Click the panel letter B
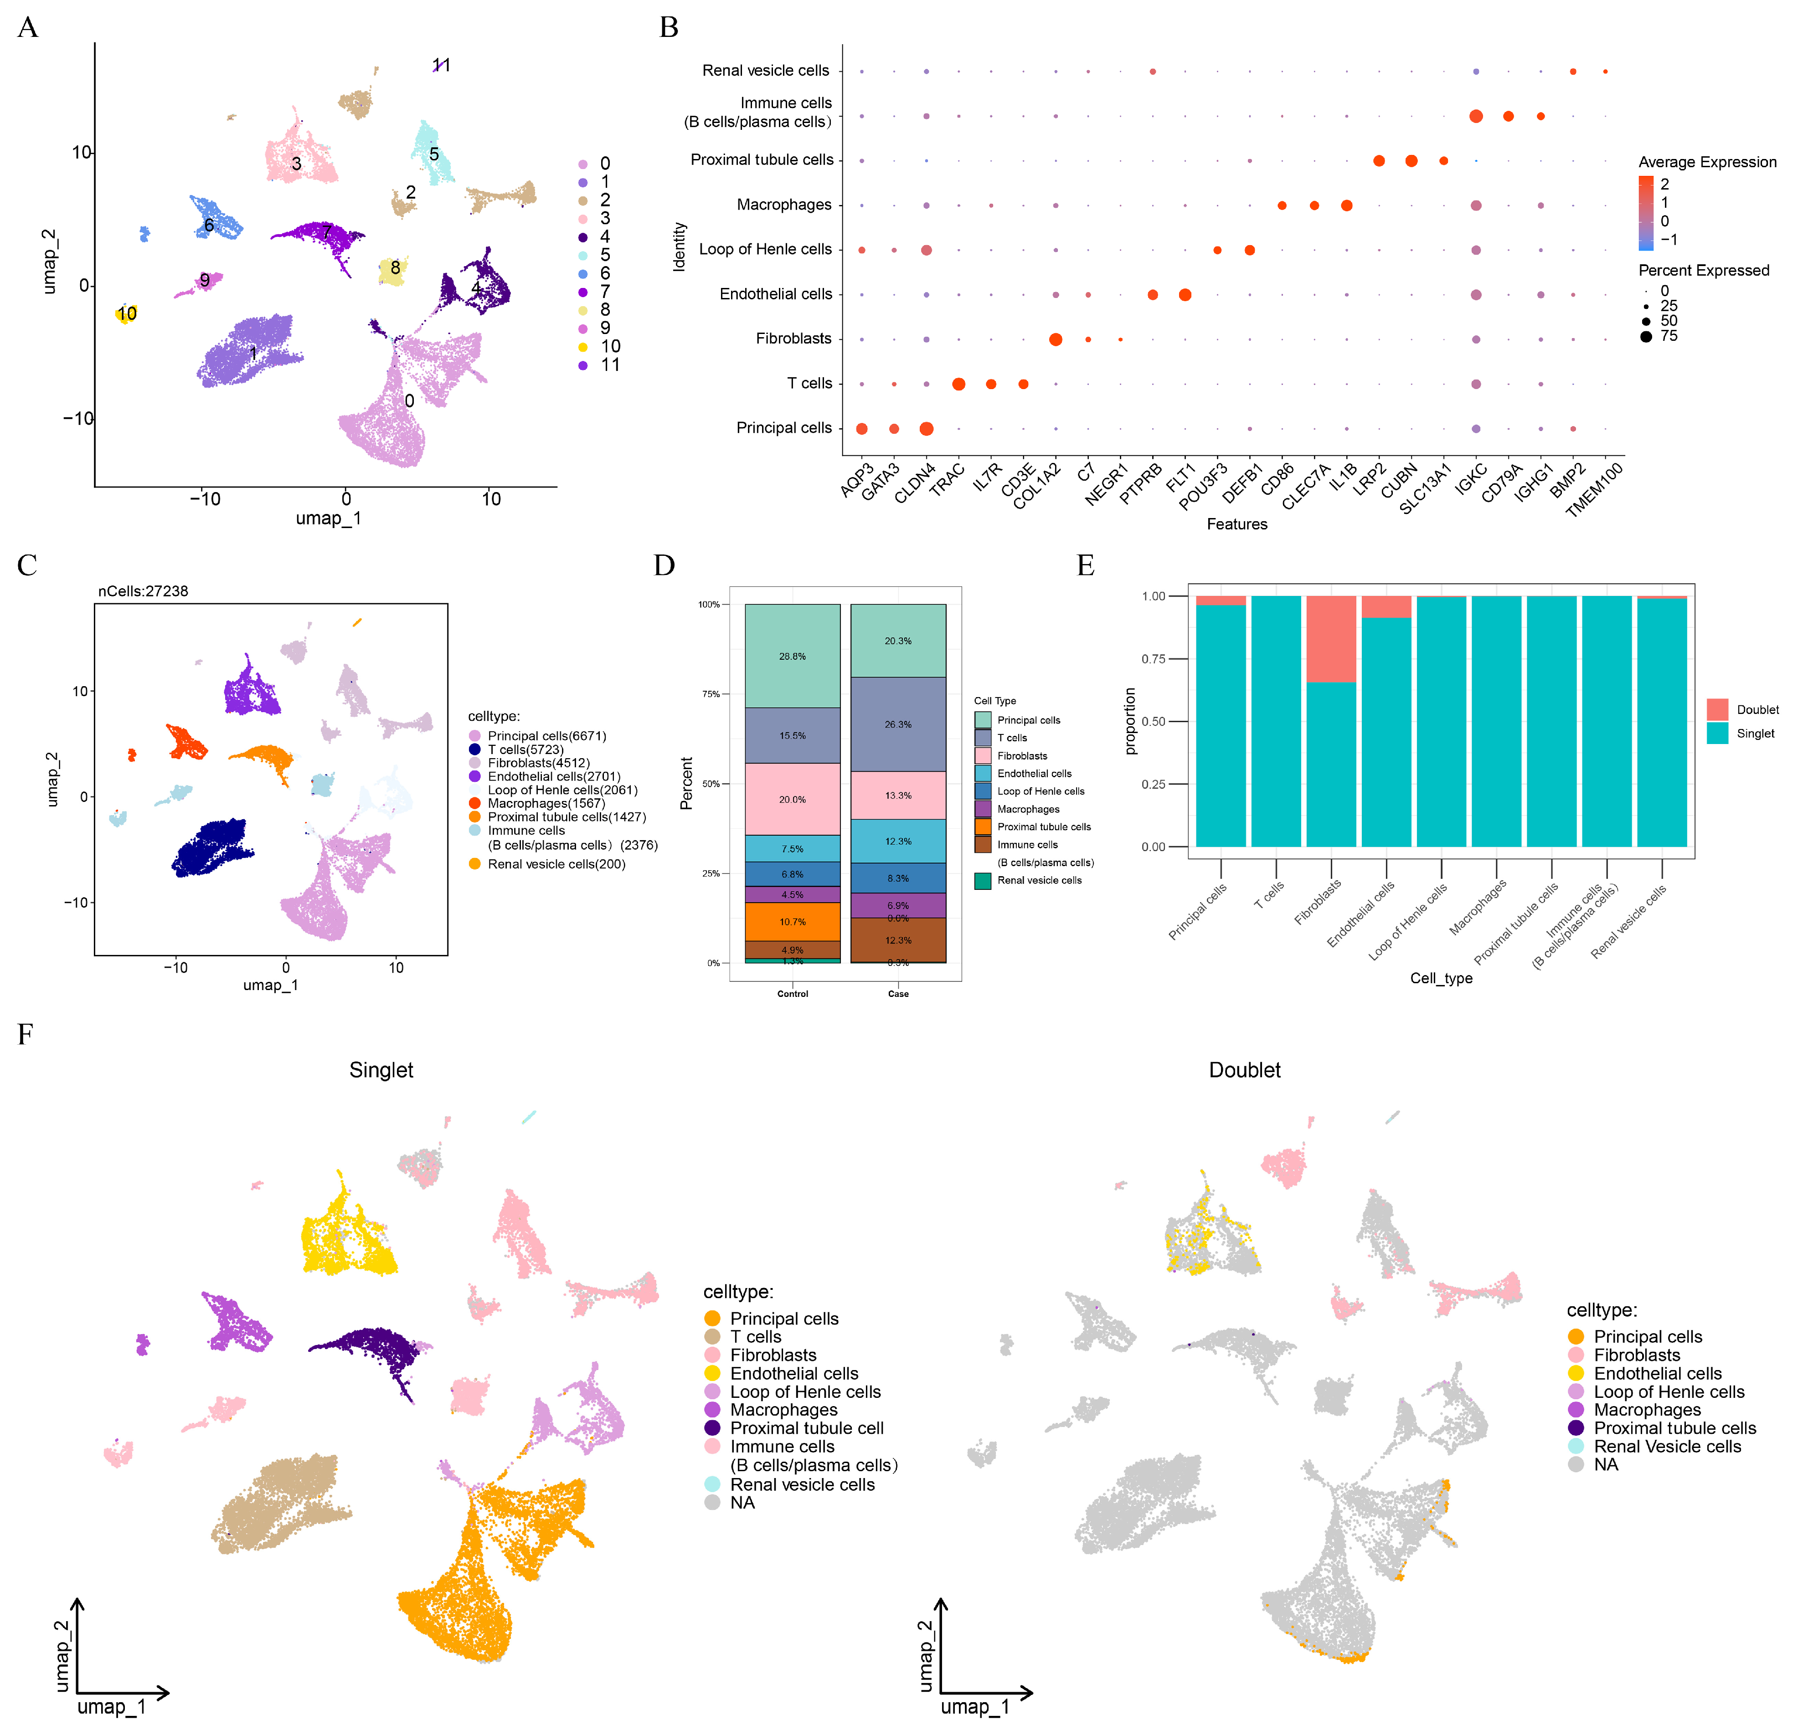point(669,27)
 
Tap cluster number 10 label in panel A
point(127,314)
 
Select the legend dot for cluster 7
point(582,292)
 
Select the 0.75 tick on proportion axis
point(1153,659)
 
